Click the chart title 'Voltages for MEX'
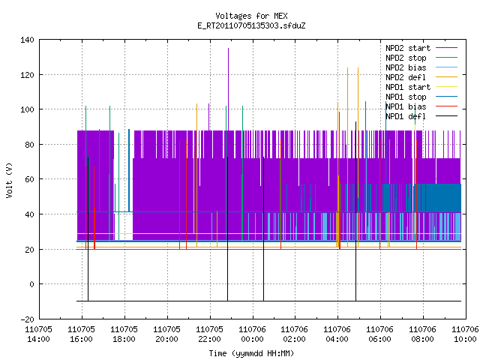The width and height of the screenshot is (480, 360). pyautogui.click(x=251, y=16)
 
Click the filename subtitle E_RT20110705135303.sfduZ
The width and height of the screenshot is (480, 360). pyautogui.click(x=251, y=25)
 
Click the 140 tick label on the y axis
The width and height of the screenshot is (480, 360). pyautogui.click(x=27, y=40)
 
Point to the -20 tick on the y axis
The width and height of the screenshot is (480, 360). pyautogui.click(x=27, y=319)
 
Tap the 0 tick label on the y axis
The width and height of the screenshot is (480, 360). pyautogui.click(x=31, y=284)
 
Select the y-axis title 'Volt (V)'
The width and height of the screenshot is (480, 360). pyautogui.click(x=9, y=181)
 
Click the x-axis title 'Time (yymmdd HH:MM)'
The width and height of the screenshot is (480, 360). pyautogui.click(x=251, y=353)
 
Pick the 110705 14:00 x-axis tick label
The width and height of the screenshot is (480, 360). pyautogui.click(x=38, y=334)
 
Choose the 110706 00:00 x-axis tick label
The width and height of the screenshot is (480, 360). pyautogui.click(x=252, y=334)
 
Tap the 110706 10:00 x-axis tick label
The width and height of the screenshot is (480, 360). pyautogui.click(x=465, y=334)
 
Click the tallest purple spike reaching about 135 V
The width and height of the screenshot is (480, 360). pyautogui.click(x=228, y=88)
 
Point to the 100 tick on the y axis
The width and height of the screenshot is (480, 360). pyautogui.click(x=27, y=109)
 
